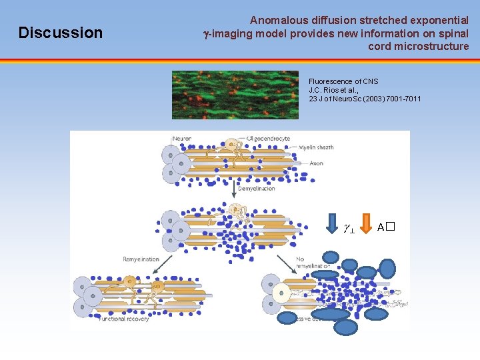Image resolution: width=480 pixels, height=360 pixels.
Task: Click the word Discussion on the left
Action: click(61, 33)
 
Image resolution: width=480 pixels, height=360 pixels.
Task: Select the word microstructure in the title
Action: click(419, 46)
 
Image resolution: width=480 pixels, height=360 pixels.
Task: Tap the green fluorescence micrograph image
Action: click(235, 95)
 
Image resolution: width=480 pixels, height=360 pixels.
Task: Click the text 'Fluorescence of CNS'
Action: click(343, 81)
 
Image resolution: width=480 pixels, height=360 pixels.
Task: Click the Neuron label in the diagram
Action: click(182, 139)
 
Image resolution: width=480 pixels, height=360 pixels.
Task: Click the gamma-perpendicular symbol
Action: click(348, 228)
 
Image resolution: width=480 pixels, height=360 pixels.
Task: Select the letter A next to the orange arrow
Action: click(381, 227)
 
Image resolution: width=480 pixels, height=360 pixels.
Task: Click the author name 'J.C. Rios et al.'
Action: click(334, 90)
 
